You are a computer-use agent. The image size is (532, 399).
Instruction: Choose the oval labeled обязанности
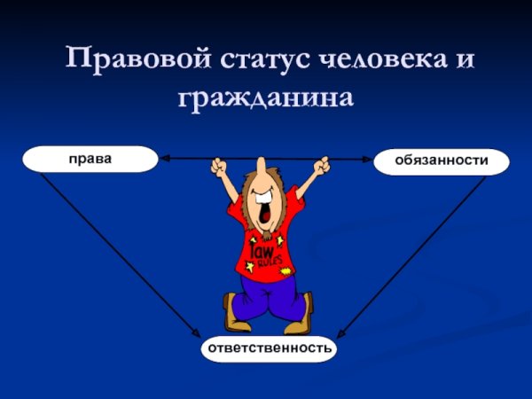(442, 161)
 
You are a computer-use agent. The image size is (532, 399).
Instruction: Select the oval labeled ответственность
(270, 348)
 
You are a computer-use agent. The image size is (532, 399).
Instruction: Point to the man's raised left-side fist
(219, 166)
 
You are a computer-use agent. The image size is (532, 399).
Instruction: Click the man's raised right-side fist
(321, 165)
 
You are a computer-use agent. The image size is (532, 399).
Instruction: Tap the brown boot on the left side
(235, 315)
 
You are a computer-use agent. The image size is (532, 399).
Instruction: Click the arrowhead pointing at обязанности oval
(366, 159)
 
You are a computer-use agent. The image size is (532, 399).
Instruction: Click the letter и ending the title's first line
(465, 60)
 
